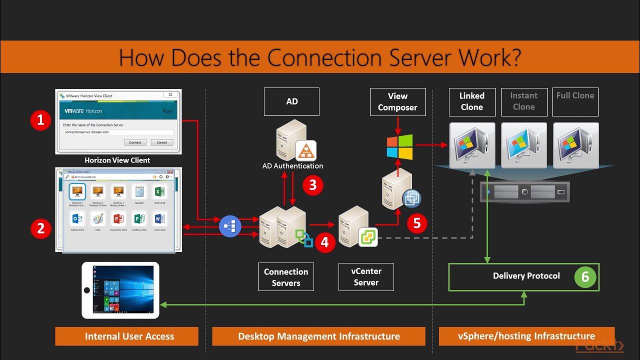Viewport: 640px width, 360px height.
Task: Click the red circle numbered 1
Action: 40,120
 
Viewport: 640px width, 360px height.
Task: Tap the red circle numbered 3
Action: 313,185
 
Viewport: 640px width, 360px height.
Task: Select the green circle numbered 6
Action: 585,276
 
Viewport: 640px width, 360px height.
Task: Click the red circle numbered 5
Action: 417,224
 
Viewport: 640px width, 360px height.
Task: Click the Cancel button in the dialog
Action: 161,142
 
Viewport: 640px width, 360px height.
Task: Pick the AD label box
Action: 292,101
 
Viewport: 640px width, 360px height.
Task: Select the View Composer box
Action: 397,101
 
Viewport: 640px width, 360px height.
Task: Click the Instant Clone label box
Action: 523,101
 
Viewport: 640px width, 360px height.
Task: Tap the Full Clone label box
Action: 575,101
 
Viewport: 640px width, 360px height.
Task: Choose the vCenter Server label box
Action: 366,276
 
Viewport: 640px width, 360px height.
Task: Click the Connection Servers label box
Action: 286,277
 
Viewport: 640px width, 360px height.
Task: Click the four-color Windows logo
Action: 400,146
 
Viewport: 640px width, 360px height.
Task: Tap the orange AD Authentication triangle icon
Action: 306,149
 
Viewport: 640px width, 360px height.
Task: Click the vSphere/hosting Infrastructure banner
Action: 526,336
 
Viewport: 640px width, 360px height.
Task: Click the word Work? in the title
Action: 488,57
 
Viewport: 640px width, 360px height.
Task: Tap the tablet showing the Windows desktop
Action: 120,290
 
